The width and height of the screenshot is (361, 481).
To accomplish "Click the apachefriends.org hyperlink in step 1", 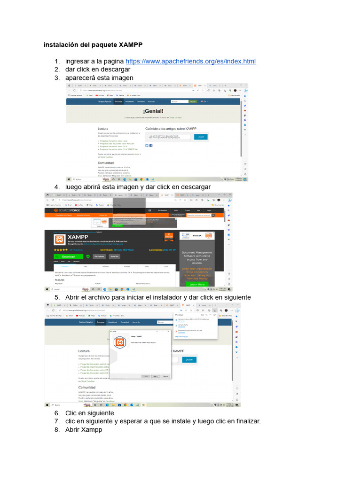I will click(x=191, y=62).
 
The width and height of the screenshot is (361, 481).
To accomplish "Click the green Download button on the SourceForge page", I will click(x=68, y=256).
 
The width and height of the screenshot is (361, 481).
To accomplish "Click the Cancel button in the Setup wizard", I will click(x=165, y=376).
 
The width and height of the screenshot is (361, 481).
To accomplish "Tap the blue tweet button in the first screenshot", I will click(x=201, y=137).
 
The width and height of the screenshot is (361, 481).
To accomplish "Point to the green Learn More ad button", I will click(x=197, y=284).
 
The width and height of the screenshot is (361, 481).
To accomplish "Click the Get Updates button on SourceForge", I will click(x=99, y=256).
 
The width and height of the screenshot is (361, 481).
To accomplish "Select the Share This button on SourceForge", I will click(x=114, y=256).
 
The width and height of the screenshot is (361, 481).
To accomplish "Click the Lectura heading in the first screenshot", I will click(x=103, y=128).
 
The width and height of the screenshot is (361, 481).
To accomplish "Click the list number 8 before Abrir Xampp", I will click(x=56, y=429).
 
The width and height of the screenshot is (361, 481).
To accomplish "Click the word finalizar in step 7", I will click(x=246, y=421).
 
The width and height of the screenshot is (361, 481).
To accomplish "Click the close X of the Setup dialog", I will click(x=170, y=332).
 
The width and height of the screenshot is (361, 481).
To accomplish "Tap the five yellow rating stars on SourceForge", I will click(x=61, y=250).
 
